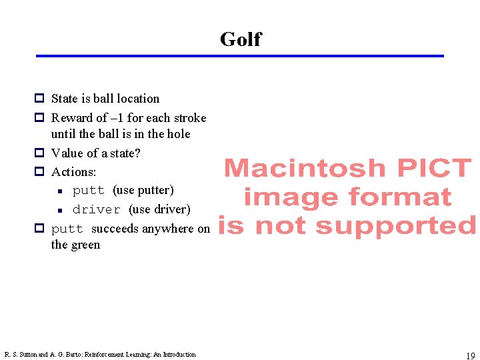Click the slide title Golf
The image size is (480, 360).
tap(240, 39)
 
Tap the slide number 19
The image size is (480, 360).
tap(469, 356)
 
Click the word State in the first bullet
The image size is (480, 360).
tap(65, 99)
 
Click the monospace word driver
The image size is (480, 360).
tap(96, 209)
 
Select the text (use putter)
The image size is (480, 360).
tap(143, 191)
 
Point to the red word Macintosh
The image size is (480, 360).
tap(305, 168)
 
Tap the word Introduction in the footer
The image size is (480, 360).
tap(180, 355)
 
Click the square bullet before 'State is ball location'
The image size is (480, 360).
tap(39, 99)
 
